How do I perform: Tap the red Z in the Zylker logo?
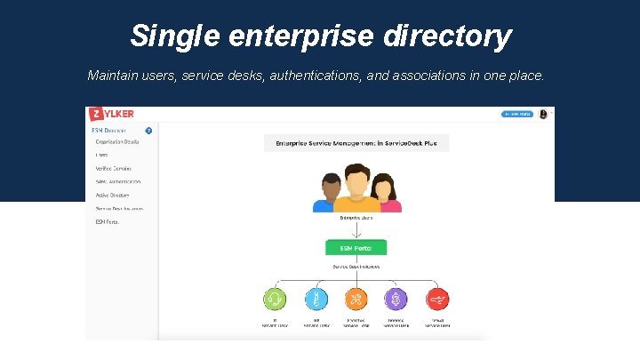pyautogui.click(x=93, y=115)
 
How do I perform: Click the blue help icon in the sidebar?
pyautogui.click(x=148, y=130)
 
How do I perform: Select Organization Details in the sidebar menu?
pyautogui.click(x=117, y=141)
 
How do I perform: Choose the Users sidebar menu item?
pyautogui.click(x=102, y=155)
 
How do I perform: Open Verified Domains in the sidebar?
pyautogui.click(x=114, y=168)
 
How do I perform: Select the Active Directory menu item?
pyautogui.click(x=113, y=195)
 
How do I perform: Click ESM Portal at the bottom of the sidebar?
pyautogui.click(x=108, y=221)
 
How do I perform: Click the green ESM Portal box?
pyautogui.click(x=356, y=248)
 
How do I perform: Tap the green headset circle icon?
pyautogui.click(x=276, y=300)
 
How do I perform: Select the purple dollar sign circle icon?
pyautogui.click(x=396, y=300)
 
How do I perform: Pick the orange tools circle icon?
pyautogui.click(x=356, y=300)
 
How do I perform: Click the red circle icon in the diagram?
pyautogui.click(x=436, y=300)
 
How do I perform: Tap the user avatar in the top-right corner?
pyautogui.click(x=542, y=114)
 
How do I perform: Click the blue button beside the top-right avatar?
pyautogui.click(x=517, y=114)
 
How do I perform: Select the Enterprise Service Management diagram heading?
pyautogui.click(x=356, y=142)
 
